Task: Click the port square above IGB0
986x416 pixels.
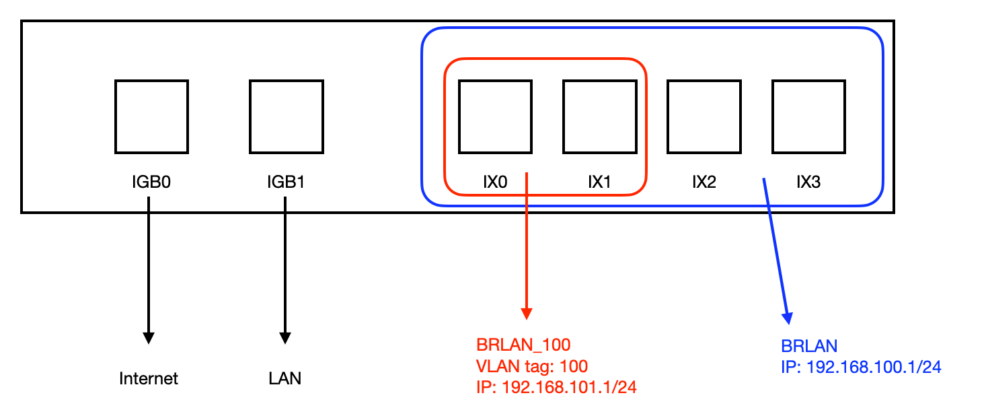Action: [x=151, y=116]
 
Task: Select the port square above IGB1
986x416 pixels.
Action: [x=286, y=116]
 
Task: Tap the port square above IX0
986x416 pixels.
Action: [x=495, y=116]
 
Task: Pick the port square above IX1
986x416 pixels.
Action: [x=600, y=116]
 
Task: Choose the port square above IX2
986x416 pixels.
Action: [x=704, y=116]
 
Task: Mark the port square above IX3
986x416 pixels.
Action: [x=808, y=116]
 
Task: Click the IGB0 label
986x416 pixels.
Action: [x=151, y=182]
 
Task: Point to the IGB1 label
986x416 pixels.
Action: [x=285, y=182]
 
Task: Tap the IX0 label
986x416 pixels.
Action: [x=495, y=182]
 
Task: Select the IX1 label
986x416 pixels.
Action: [x=599, y=182]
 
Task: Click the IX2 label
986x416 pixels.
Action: [x=704, y=182]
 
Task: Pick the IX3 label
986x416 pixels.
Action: [x=808, y=182]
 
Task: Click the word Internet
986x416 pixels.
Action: [x=149, y=379]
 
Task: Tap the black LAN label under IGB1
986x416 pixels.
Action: [x=285, y=379]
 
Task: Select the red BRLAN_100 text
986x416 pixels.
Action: [x=523, y=345]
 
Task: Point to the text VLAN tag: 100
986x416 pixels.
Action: [x=532, y=366]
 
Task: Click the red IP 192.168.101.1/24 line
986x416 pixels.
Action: [x=556, y=388]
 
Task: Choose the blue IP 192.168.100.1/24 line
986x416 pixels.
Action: [x=861, y=368]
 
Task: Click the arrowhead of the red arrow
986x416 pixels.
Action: [x=527, y=314]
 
